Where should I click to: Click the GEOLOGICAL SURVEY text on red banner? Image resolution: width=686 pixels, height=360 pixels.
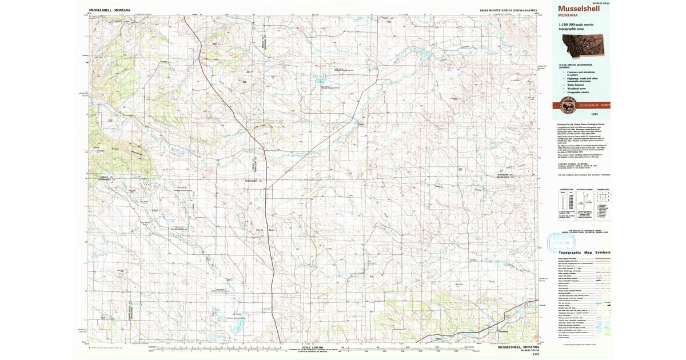[595, 105]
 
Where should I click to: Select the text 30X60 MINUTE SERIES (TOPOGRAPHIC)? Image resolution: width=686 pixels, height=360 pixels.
[508, 10]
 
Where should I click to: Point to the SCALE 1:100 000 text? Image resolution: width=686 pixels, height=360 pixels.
[309, 347]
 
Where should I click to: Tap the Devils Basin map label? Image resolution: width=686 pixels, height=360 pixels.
[264, 230]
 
